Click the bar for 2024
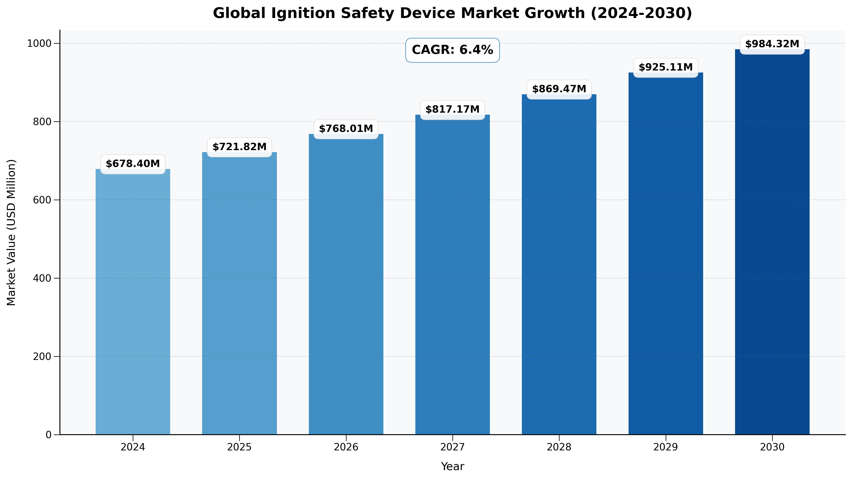click(133, 302)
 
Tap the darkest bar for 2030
click(772, 242)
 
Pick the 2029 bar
click(666, 253)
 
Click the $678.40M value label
click(133, 164)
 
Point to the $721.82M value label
click(239, 147)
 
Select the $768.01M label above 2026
click(346, 129)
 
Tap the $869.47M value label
click(559, 89)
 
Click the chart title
click(452, 13)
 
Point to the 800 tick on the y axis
click(42, 122)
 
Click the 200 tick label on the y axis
click(42, 357)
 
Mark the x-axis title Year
click(452, 466)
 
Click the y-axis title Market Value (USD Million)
click(11, 232)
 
